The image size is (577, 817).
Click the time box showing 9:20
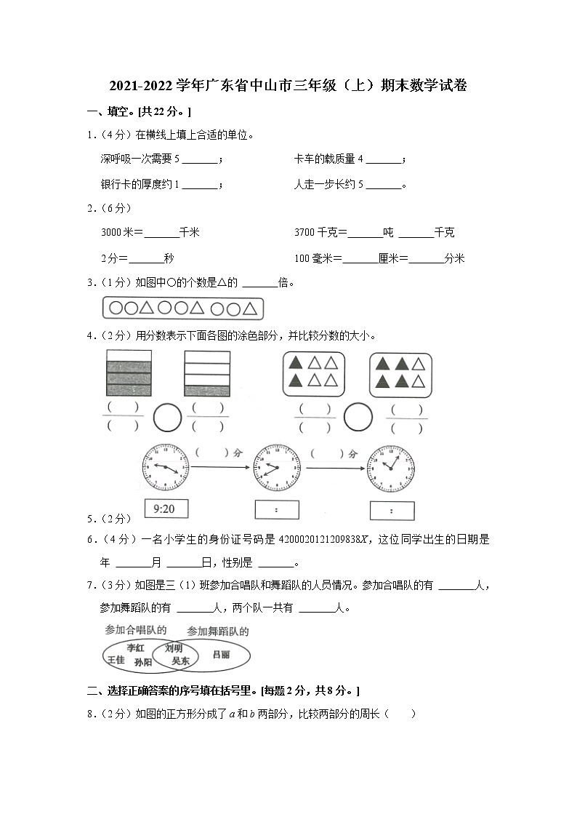[x=165, y=509]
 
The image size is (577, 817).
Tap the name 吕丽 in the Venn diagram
[x=221, y=655]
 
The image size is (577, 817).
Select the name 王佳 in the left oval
[x=116, y=660]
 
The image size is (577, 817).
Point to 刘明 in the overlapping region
[x=174, y=648]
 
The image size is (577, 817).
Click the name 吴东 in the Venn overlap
[x=179, y=661]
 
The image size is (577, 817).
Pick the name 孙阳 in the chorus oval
[x=143, y=662]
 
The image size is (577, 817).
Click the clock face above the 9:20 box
[x=166, y=468]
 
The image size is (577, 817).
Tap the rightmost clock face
[x=391, y=468]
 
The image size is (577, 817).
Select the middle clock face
[x=277, y=468]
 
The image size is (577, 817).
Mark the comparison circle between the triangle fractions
[x=358, y=418]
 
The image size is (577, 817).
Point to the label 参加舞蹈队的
[x=217, y=631]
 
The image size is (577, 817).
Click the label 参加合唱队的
[x=136, y=630]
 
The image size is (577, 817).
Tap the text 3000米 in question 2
[x=116, y=233]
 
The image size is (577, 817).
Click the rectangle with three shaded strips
[x=129, y=372]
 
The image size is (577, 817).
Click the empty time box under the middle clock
[x=277, y=510]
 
